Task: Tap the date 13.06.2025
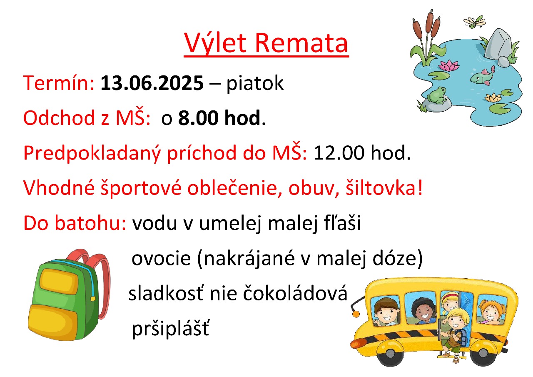point(152,83)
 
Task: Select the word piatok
point(255,84)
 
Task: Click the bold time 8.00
point(198,118)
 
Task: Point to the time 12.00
point(339,153)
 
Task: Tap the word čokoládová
point(295,293)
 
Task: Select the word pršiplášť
point(170,330)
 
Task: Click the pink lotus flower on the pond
point(449,65)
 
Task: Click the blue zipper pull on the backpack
point(93,299)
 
